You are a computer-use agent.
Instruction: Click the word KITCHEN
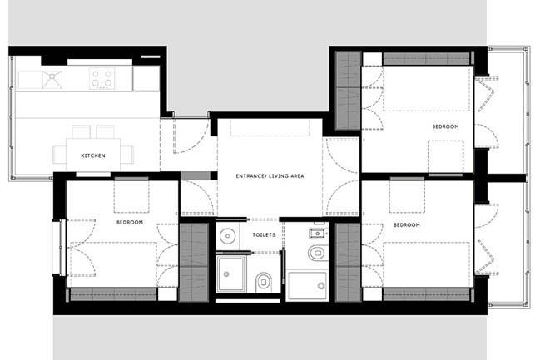click(x=93, y=155)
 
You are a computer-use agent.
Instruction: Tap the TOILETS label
click(x=264, y=234)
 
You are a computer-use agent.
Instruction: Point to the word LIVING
click(x=279, y=176)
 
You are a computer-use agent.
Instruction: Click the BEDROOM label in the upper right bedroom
click(x=445, y=126)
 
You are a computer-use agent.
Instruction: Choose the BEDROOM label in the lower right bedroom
click(x=406, y=224)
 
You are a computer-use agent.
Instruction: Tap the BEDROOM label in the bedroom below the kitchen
click(x=130, y=222)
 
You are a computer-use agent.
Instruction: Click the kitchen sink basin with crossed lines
click(x=52, y=80)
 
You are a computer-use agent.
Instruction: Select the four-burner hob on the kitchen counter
click(x=102, y=78)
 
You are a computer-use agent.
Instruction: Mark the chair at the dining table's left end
click(x=59, y=155)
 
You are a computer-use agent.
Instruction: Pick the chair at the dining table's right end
click(x=127, y=155)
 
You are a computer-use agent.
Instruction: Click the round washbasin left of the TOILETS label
click(x=227, y=236)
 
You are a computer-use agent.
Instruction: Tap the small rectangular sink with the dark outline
click(x=318, y=234)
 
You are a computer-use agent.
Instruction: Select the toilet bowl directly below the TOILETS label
click(x=264, y=282)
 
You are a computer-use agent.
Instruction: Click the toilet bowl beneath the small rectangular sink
click(x=316, y=253)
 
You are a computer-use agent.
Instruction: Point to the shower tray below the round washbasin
click(x=230, y=274)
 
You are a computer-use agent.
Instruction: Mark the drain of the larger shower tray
click(x=321, y=285)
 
